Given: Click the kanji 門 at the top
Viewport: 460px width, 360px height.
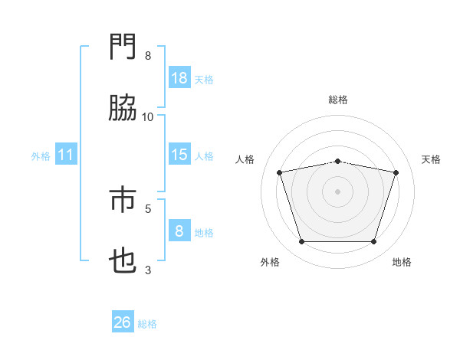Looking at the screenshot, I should point(123,47).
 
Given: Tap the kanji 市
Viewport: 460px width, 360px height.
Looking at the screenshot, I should point(123,200).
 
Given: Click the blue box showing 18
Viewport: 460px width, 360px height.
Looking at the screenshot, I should point(179,77).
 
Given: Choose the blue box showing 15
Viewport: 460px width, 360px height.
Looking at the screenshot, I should point(179,155).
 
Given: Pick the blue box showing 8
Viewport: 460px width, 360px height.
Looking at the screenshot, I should point(179,231).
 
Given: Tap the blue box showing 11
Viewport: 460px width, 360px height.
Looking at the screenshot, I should point(66,155).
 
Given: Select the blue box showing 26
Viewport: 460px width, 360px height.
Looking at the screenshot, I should point(123,322).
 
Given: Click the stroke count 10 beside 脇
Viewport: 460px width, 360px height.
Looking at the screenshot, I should point(148,116).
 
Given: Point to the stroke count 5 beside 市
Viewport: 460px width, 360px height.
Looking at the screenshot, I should point(148,208).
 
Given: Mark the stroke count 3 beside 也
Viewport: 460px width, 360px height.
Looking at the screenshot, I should point(148,270).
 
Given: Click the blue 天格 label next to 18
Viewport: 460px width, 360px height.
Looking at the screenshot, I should point(204,79).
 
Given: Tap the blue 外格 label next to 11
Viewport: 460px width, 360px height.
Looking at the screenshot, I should point(41,156).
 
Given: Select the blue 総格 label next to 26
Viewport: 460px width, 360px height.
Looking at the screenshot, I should point(147,324).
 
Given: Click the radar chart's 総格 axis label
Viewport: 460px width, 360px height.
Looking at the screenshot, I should point(338,100).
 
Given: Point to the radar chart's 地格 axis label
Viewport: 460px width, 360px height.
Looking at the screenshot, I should point(402,262).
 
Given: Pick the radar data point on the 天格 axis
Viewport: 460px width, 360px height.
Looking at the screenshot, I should point(396,172).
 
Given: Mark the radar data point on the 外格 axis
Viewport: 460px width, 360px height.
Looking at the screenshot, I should point(301,242).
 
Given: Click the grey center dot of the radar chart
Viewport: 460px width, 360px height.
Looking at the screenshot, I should point(338,191).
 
